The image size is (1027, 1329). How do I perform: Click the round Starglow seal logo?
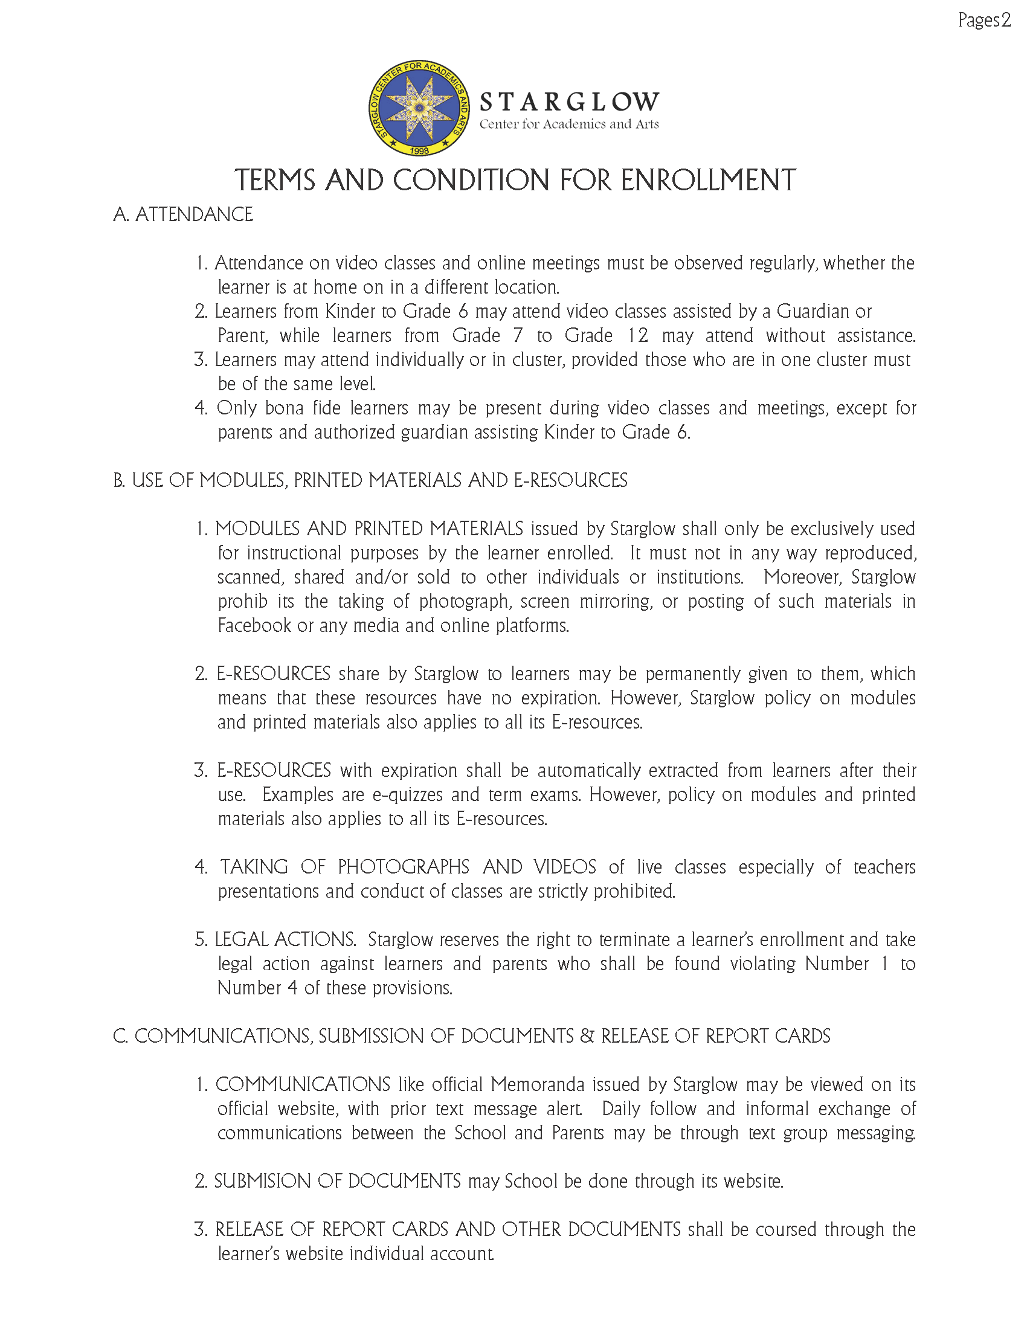point(419,108)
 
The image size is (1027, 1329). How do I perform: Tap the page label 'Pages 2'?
point(984,21)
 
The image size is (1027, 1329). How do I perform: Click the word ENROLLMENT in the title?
point(708,181)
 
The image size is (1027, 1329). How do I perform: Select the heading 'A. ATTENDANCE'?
point(183,215)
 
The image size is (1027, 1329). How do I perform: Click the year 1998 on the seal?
point(419,150)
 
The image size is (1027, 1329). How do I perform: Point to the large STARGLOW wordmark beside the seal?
point(569,102)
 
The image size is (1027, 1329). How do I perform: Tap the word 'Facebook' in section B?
point(254,626)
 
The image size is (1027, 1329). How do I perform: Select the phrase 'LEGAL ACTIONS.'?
point(285,939)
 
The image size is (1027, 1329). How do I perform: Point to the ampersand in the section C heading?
point(587,1036)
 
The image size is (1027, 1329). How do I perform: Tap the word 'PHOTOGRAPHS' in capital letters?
point(404,867)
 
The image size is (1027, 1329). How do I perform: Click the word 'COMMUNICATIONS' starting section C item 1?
point(303,1084)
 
